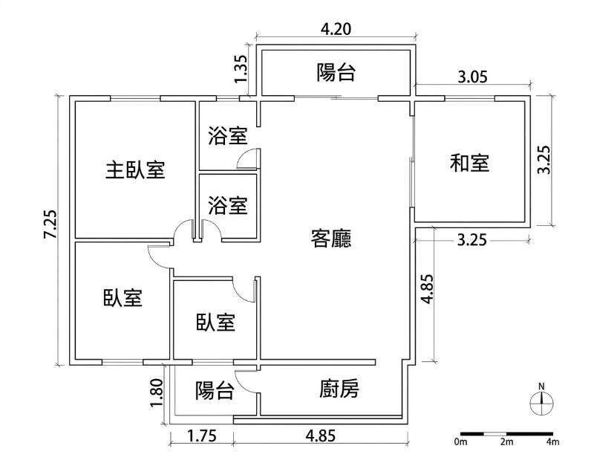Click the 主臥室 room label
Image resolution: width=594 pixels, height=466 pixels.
135,169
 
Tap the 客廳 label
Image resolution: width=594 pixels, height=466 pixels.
331,239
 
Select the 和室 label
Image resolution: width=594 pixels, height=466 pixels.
470,163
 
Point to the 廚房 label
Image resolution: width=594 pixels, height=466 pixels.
339,389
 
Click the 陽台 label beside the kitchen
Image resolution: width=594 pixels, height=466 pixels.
215,390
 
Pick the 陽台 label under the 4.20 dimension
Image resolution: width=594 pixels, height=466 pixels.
336,72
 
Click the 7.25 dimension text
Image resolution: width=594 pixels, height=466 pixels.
50,224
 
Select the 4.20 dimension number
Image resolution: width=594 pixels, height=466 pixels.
336,29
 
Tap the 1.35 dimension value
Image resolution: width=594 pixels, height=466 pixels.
241,69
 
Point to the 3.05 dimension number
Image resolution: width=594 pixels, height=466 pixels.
472,77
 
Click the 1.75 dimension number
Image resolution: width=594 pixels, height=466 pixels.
201,436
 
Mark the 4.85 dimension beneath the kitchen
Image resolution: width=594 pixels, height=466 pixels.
321,436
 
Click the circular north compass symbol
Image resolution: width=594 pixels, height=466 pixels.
541,404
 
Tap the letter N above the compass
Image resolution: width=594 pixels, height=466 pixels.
541,386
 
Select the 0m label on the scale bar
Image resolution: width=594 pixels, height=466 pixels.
460,441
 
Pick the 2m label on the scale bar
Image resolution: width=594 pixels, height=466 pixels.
506,441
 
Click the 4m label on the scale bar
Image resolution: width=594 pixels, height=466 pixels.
552,441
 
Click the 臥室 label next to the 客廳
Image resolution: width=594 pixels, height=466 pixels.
215,323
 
